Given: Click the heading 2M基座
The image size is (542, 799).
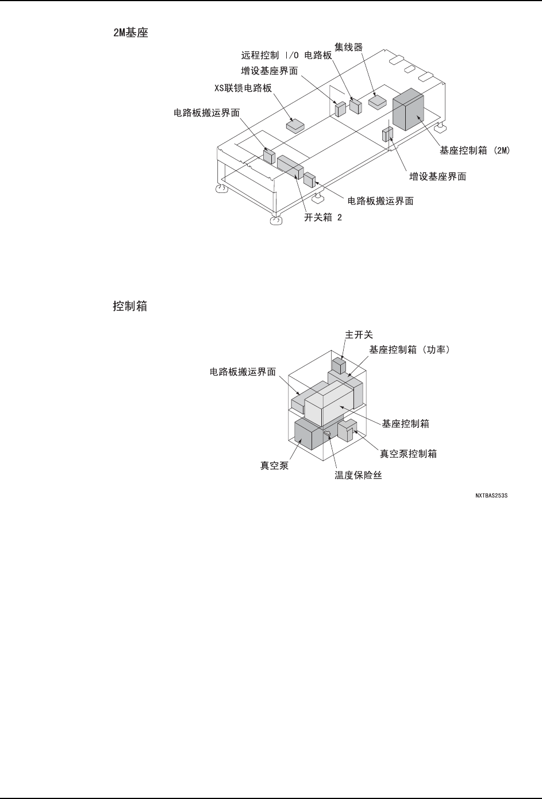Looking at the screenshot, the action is (x=130, y=33).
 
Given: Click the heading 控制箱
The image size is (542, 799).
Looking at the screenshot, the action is (x=130, y=307).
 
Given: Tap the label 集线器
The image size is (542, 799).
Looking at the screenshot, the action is (x=349, y=45).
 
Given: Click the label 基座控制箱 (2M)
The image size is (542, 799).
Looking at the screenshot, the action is (x=475, y=150).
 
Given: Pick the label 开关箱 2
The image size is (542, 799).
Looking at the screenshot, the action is (x=323, y=218).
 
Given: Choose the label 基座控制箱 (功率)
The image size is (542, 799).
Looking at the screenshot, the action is (x=409, y=349).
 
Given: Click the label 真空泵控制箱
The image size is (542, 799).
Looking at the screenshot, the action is (x=408, y=454).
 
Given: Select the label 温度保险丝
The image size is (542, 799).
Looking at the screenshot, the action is (x=359, y=476).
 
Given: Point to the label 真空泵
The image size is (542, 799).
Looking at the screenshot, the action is (x=275, y=466).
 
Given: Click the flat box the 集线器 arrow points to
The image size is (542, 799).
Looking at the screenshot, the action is (x=378, y=102).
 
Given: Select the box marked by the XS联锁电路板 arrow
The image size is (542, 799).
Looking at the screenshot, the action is (x=297, y=125).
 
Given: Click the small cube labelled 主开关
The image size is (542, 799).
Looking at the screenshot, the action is (x=339, y=365).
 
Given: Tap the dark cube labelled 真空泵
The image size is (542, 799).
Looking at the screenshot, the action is (x=309, y=433).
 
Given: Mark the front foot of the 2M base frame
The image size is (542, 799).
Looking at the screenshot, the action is (x=276, y=220).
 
